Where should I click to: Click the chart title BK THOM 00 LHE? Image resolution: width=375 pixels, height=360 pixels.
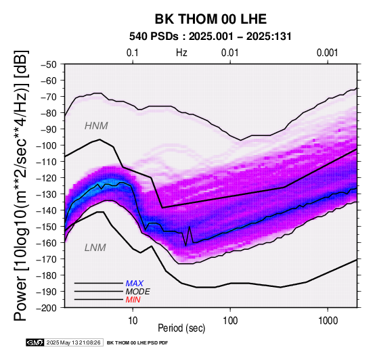coord(211,19)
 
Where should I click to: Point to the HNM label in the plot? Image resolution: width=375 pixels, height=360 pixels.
coord(96,126)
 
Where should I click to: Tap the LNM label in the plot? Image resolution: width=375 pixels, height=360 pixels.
coord(95,248)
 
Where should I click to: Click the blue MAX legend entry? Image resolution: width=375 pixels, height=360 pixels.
coord(135,284)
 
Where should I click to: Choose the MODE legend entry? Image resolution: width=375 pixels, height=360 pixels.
coord(138,292)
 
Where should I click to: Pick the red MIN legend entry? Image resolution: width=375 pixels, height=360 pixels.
coord(133,300)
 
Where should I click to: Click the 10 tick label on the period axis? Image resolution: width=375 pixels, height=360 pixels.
coord(133,321)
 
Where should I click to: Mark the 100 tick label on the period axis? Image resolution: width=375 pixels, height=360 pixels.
coord(230,321)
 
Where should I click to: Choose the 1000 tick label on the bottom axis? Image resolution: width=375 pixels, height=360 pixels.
coord(328,321)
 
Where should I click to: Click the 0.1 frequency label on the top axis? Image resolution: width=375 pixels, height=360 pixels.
coord(133,53)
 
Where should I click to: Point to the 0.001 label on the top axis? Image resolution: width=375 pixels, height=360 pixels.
coord(327,53)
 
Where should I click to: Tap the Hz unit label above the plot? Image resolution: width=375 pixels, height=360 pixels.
coord(181,53)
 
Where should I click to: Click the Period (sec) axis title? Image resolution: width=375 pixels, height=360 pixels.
coord(181,328)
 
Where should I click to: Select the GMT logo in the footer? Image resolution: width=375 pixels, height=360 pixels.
coord(35,342)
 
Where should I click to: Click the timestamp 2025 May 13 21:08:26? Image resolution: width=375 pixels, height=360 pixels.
coord(73,342)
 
